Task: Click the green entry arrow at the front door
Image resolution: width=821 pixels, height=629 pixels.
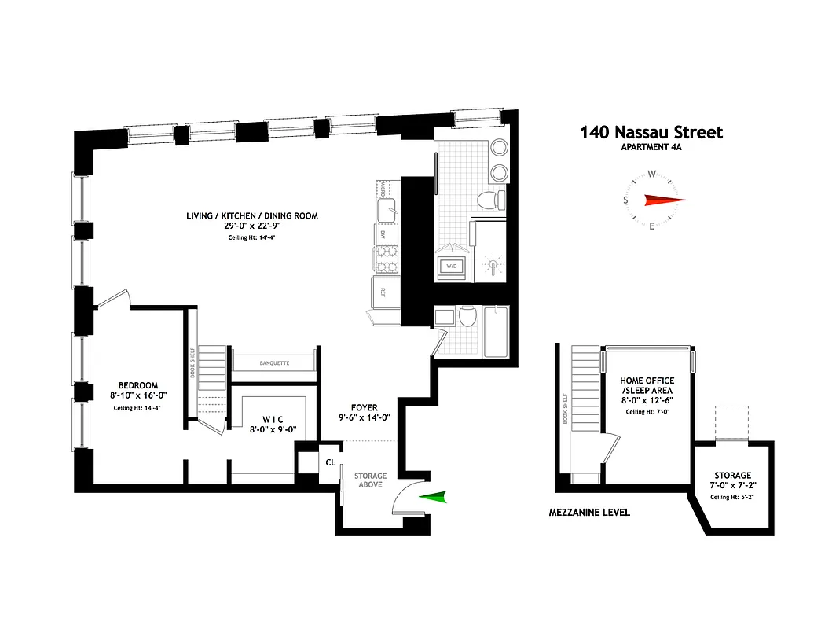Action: click(x=433, y=496)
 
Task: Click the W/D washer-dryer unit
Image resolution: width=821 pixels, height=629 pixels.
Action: click(x=452, y=264)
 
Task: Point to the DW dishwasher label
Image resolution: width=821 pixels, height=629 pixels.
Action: click(x=383, y=234)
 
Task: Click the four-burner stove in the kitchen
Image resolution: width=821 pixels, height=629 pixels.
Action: click(x=386, y=259)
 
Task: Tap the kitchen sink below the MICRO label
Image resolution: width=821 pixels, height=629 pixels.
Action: click(x=387, y=210)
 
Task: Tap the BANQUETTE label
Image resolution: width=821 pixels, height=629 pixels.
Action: click(x=274, y=363)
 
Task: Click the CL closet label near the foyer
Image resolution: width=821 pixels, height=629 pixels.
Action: click(x=331, y=462)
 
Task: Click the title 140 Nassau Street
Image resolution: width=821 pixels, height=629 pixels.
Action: click(x=651, y=133)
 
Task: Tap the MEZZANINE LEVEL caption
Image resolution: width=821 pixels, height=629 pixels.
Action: click(x=589, y=513)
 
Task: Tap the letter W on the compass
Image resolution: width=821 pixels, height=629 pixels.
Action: click(x=652, y=175)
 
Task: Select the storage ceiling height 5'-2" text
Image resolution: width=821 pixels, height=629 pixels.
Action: click(x=733, y=497)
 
